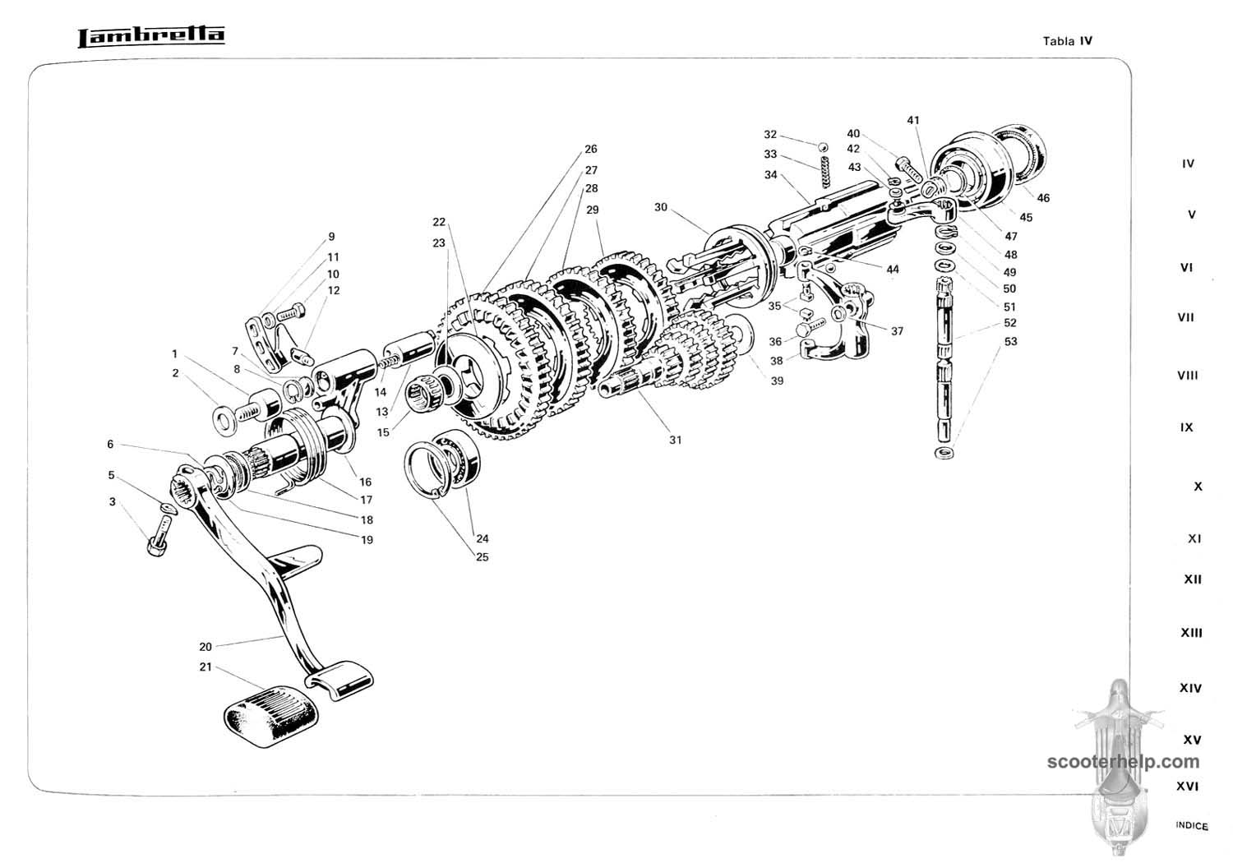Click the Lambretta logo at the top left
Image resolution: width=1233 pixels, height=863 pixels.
(x=150, y=36)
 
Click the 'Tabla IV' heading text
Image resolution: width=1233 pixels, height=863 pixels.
(x=1067, y=40)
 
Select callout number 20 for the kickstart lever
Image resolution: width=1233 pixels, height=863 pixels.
(x=205, y=646)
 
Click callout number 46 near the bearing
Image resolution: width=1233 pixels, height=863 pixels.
(x=1043, y=198)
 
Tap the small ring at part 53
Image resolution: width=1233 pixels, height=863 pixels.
(x=944, y=453)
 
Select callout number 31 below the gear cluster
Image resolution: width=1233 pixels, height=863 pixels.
(x=675, y=440)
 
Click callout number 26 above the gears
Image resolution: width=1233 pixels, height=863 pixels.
(x=590, y=150)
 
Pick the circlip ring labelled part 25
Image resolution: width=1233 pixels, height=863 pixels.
(x=428, y=468)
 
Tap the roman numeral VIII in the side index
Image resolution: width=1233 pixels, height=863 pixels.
(x=1187, y=376)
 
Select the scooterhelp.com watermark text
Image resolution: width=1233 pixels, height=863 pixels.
(x=1123, y=762)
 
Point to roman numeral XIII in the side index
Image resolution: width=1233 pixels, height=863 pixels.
(x=1191, y=633)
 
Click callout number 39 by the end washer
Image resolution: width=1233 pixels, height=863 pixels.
(x=777, y=380)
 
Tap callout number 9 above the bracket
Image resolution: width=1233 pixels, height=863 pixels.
(x=331, y=237)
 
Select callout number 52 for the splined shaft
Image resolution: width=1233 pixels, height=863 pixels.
(x=1009, y=323)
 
